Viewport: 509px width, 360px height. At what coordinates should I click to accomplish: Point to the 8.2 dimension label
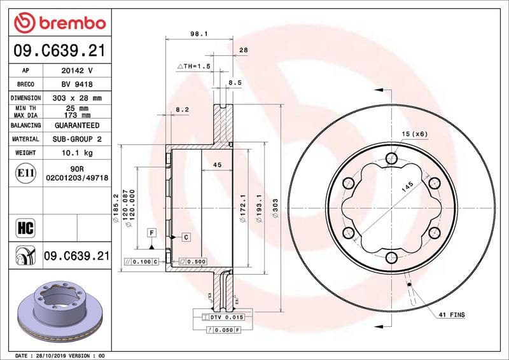coord(182,109)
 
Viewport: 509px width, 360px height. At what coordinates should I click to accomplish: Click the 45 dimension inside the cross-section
coord(216,165)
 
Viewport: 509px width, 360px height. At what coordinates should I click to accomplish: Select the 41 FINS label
coord(451,315)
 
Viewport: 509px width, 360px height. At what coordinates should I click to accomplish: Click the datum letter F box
coord(152,232)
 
